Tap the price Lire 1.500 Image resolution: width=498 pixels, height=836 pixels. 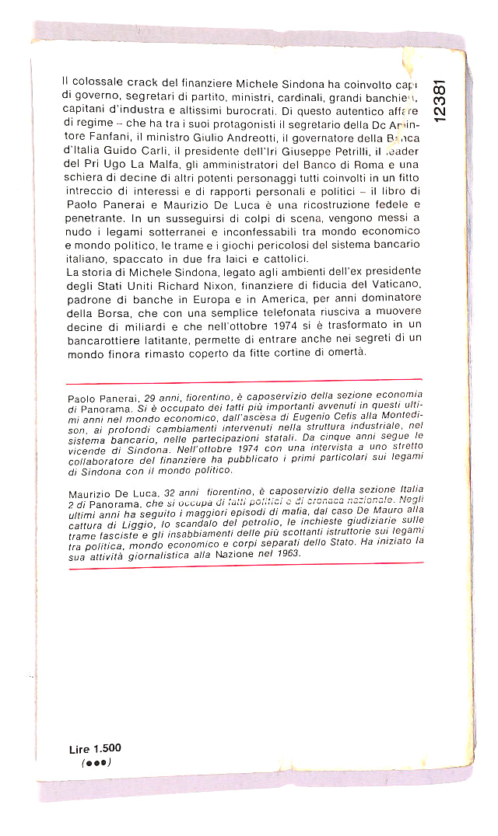click(x=95, y=748)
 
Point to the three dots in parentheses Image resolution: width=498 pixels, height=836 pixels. click(x=96, y=763)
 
